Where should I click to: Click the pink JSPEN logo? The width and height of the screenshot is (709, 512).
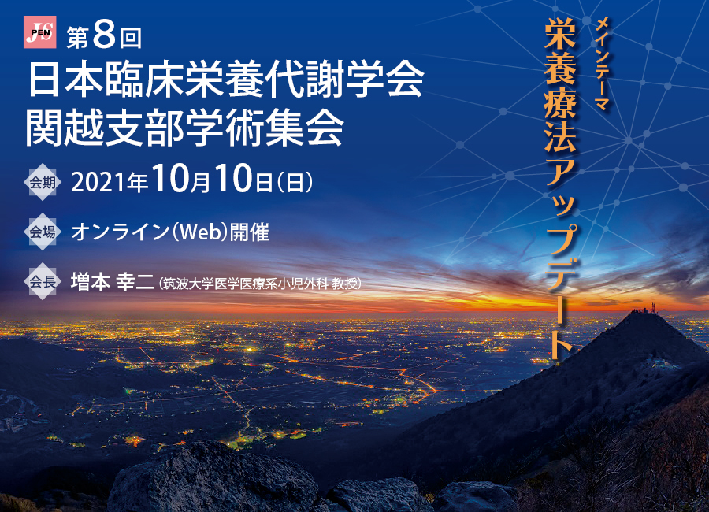coord(40,32)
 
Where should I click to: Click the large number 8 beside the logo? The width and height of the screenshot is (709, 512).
coord(104,35)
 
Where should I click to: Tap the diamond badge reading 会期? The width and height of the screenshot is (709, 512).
coord(43,182)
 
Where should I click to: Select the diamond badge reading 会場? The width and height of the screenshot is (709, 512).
coord(43,232)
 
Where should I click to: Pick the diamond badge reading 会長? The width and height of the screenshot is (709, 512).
coord(43,281)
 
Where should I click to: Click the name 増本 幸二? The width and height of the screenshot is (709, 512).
coord(113,281)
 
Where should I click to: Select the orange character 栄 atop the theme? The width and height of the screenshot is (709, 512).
coord(560,33)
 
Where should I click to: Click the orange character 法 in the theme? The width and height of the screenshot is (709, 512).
coord(560,137)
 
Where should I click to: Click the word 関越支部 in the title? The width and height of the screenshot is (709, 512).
coord(105,128)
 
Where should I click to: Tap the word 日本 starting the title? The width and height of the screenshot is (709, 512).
coord(65,79)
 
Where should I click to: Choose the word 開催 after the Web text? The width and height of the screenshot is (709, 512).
coord(249,232)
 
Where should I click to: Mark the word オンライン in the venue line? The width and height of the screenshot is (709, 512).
coord(120,232)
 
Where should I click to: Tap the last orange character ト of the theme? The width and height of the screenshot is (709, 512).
coord(560,346)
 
